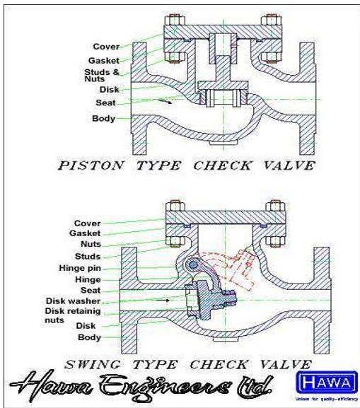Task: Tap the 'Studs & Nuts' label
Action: [x=102, y=75]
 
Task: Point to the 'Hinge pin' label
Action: [x=79, y=268]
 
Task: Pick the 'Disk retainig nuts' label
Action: [x=69, y=315]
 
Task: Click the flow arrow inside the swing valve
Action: [x=168, y=300]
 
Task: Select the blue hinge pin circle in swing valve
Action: [x=192, y=264]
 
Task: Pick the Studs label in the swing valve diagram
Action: [x=88, y=256]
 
